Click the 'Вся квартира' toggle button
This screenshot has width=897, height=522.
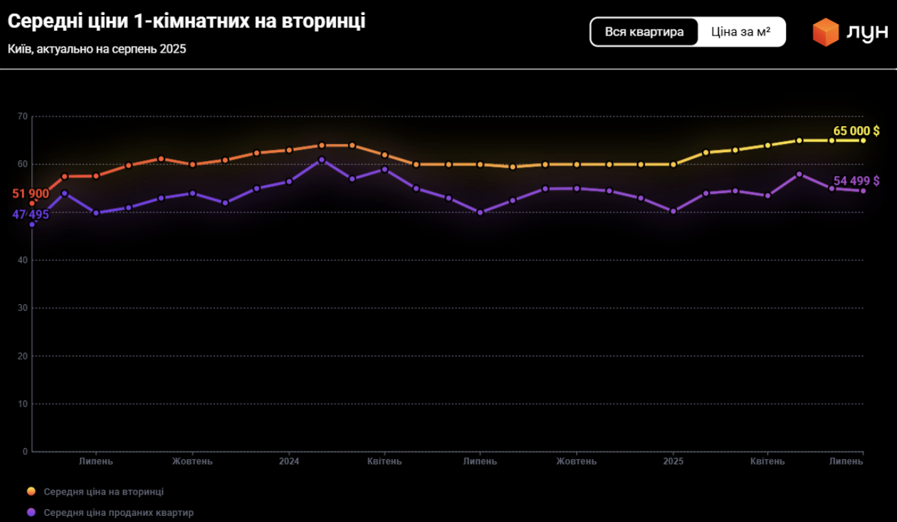644,32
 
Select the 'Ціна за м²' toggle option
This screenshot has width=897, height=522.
741,32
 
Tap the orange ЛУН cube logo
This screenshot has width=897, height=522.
825,32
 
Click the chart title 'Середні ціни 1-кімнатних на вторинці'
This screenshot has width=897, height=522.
186,21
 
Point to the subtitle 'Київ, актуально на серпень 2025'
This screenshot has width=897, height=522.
97,49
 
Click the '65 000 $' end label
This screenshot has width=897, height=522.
856,131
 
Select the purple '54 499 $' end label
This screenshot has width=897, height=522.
856,181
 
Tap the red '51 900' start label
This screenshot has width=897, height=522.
31,194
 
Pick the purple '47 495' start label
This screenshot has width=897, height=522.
31,214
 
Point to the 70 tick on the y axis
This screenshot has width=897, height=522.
23,116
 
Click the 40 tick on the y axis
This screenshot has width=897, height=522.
23,260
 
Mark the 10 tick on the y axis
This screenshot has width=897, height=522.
23,404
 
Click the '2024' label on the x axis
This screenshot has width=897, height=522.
288,461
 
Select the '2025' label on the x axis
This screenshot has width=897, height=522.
672,461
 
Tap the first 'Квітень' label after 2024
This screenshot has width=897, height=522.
384,461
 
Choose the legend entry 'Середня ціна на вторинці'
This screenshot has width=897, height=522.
103,492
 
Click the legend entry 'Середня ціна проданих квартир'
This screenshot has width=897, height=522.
118,512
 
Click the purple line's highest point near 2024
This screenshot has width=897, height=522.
321,160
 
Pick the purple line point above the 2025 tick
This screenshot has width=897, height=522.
673,211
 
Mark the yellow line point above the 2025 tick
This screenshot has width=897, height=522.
673,164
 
